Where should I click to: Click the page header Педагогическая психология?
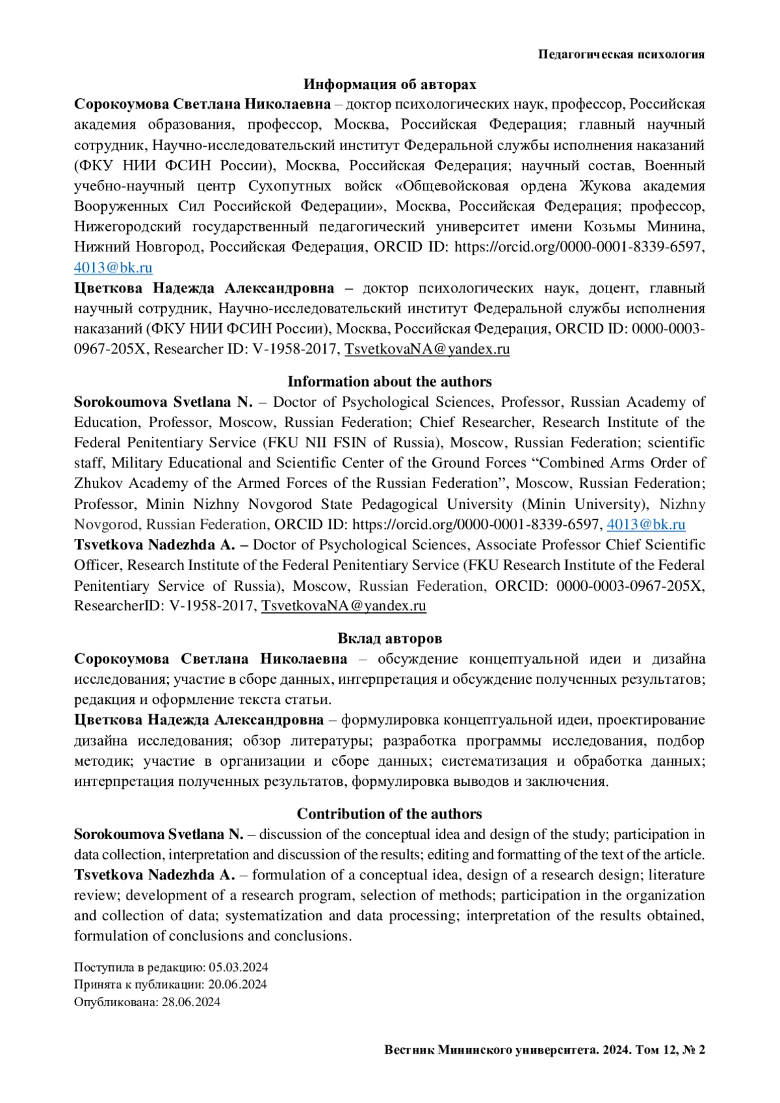[621, 55]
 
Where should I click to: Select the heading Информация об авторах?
[389, 84]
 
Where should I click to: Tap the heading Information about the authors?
[389, 382]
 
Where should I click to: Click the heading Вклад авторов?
[389, 638]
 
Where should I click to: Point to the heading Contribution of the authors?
[389, 814]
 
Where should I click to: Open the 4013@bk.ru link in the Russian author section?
[113, 267]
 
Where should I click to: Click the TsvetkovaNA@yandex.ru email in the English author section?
[344, 606]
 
